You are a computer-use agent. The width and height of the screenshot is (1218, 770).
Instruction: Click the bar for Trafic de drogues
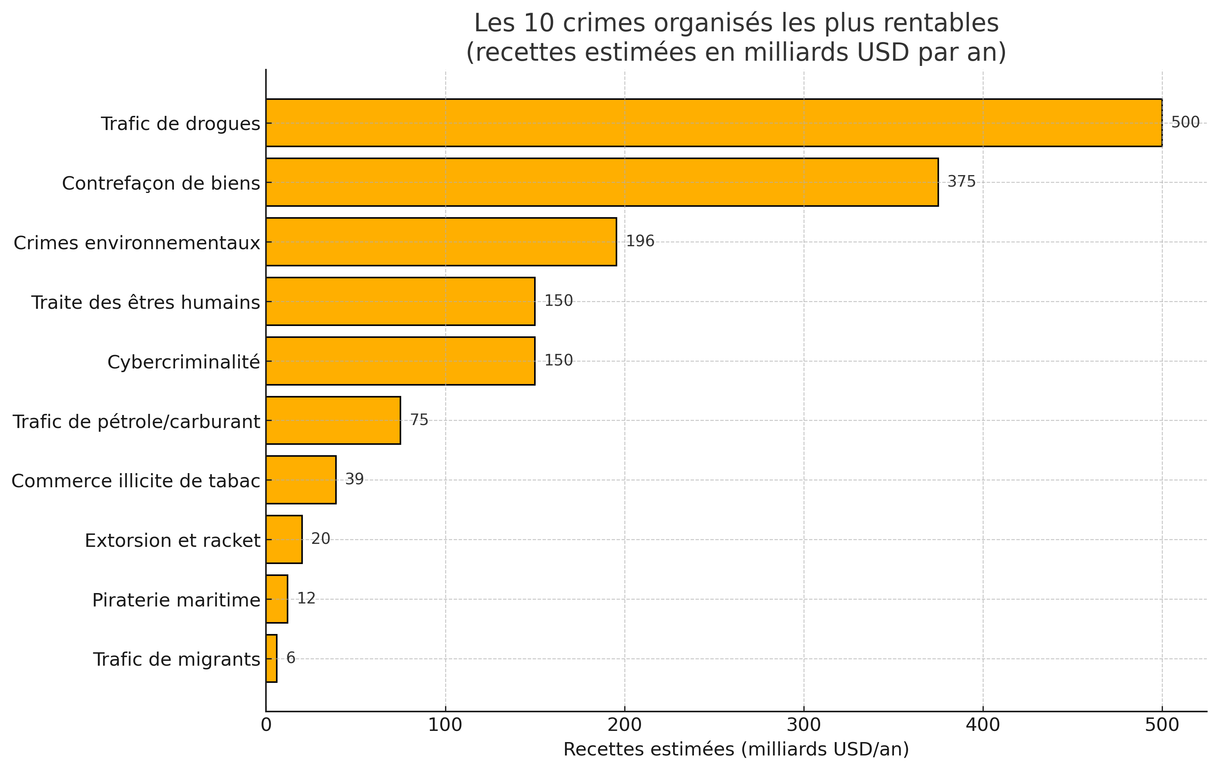click(713, 123)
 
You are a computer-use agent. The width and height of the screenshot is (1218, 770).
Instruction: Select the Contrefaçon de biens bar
click(602, 182)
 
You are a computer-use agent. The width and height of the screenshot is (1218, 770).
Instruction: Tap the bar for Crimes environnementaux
click(441, 242)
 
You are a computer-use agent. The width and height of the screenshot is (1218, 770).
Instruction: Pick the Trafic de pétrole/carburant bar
click(333, 421)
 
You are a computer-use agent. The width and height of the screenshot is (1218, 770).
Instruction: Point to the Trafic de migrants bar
click(272, 658)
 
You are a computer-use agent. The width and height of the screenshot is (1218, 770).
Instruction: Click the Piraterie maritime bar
click(277, 599)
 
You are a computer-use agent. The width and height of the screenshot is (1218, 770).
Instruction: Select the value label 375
click(961, 182)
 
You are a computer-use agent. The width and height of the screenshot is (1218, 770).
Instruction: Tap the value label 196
click(640, 241)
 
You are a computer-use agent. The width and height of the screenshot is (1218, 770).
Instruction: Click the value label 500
click(1185, 123)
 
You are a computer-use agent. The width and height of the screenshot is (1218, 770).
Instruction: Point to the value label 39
click(354, 479)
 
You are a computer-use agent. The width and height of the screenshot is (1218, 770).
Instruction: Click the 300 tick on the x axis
click(804, 725)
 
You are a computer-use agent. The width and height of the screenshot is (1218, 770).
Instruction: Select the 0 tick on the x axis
click(266, 725)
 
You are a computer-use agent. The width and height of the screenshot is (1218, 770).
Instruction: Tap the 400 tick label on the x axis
click(983, 725)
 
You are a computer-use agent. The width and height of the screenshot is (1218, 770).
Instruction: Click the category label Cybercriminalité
click(184, 362)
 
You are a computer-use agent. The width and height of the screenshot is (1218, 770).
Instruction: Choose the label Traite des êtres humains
click(146, 302)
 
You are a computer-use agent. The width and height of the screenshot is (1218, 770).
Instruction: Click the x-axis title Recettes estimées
click(736, 749)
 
